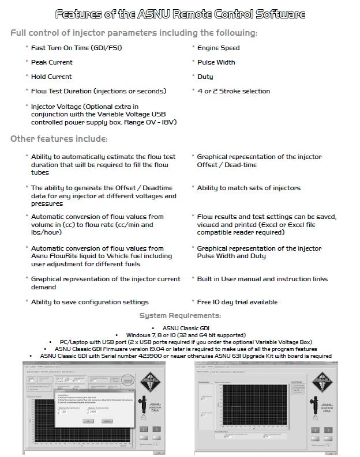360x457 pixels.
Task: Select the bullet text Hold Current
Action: point(51,77)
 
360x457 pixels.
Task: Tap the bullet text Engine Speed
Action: point(218,48)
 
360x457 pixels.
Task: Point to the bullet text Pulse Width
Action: point(216,62)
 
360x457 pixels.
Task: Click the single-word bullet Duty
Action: point(205,77)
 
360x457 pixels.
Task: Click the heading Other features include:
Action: point(59,139)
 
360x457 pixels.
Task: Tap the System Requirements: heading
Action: point(180,316)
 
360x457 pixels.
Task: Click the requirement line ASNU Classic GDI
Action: point(180,328)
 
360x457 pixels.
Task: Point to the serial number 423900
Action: point(164,356)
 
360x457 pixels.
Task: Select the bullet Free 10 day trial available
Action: point(237,302)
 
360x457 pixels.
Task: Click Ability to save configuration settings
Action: point(90,302)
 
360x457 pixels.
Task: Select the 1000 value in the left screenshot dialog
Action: point(93,411)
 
